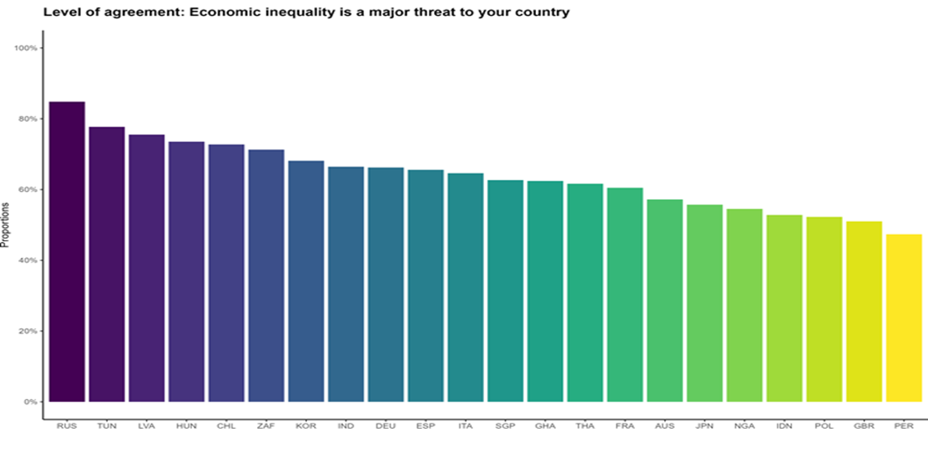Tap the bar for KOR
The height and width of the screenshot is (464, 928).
[306, 282]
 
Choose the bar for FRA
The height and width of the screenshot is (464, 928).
[625, 295]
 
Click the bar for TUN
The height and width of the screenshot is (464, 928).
[106, 264]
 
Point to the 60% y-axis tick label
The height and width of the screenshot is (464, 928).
[28, 189]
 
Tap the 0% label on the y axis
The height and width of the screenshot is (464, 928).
[30, 403]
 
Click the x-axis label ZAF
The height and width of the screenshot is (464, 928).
[266, 426]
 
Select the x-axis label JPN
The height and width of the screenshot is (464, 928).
[704, 426]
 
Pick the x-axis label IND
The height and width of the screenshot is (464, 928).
[346, 426]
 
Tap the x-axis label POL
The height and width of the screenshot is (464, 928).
[824, 426]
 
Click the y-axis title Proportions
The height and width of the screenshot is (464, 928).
[6, 225]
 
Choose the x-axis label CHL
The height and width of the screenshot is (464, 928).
[226, 426]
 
